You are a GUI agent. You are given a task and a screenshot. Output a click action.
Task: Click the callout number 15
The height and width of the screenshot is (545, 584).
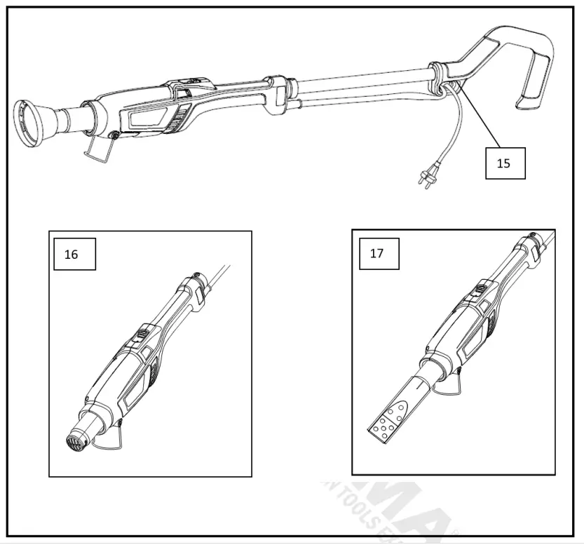pos(504,163)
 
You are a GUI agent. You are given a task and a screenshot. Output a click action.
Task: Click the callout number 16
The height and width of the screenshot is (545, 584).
pos(72,255)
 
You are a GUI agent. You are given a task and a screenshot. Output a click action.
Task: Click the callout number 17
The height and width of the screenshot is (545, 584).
pos(376,253)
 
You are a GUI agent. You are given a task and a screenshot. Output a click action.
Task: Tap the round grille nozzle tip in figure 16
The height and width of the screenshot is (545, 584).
pos(72,441)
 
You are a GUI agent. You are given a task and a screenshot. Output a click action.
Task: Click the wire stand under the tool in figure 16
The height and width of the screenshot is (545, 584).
pos(112,438)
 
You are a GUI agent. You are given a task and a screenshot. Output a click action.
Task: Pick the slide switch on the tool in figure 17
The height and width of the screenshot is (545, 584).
pos(480,288)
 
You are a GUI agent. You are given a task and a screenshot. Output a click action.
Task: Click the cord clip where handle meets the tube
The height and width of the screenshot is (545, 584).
pos(440,76)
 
